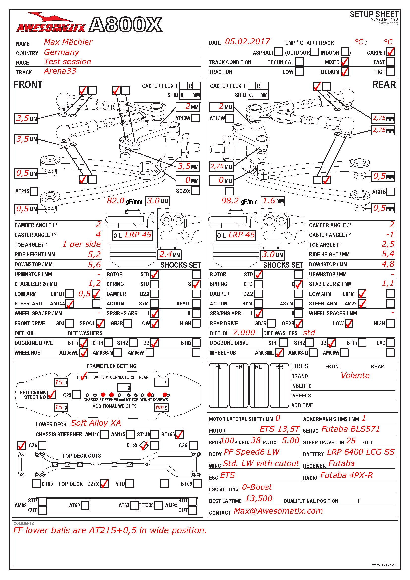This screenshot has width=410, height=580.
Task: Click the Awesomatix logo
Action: (x=51, y=24)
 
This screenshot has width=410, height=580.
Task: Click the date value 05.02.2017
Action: (x=247, y=42)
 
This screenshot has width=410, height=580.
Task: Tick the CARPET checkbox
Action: (x=391, y=52)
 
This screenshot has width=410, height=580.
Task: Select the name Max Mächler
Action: (x=68, y=42)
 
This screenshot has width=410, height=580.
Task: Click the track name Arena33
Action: (x=60, y=71)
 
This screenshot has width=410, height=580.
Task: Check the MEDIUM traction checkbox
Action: (x=345, y=72)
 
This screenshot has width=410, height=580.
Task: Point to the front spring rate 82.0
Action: (x=116, y=201)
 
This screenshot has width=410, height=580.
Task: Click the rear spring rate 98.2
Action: (x=230, y=201)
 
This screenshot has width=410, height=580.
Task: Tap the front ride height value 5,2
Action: (x=94, y=254)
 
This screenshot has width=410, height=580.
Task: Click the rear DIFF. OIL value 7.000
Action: (x=244, y=333)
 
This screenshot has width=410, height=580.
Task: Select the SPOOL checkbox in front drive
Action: (x=100, y=323)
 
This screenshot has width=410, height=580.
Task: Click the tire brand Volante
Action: (x=355, y=376)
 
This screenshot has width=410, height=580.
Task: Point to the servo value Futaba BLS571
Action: (x=351, y=429)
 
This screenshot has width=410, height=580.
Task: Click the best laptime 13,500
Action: (x=259, y=499)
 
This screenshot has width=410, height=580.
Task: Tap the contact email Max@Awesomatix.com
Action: (x=278, y=511)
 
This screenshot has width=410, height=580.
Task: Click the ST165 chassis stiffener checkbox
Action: (x=179, y=434)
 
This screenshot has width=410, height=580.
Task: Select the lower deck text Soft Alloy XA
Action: (x=96, y=423)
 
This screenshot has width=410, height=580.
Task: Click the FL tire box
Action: (x=218, y=386)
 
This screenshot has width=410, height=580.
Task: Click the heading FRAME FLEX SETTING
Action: (x=111, y=366)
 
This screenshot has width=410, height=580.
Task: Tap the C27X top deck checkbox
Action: (x=104, y=484)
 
